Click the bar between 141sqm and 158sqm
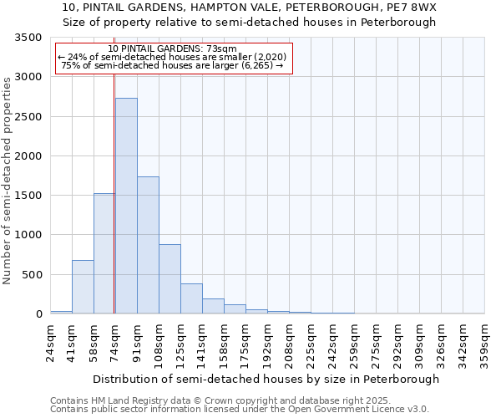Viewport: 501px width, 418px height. click(x=213, y=306)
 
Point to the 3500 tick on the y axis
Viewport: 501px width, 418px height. click(x=29, y=38)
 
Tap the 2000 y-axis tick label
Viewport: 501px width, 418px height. click(x=29, y=156)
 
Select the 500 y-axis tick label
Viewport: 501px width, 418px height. click(x=33, y=275)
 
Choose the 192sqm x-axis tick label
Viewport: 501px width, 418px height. click(x=268, y=343)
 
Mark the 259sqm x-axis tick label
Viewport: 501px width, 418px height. click(x=355, y=343)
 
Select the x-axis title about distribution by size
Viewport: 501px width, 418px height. click(x=266, y=379)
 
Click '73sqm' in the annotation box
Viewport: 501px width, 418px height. click(x=223, y=48)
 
